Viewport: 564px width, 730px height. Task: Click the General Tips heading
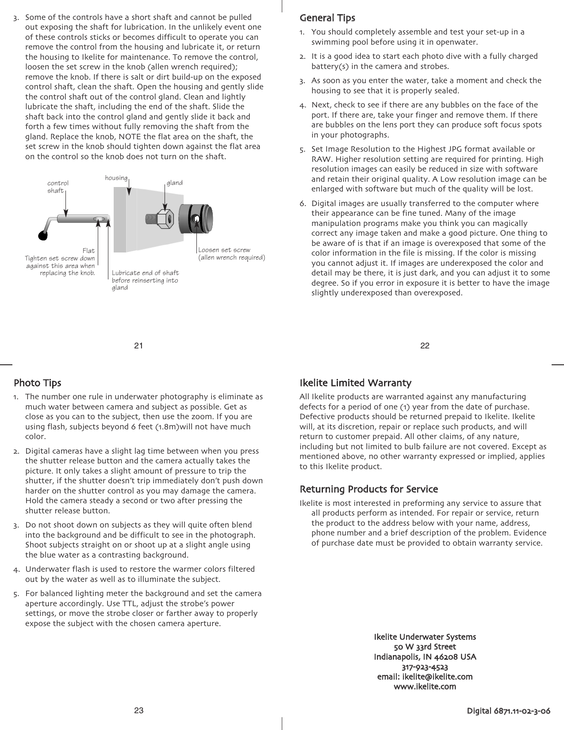[327, 18]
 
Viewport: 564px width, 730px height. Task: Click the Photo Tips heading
[38, 382]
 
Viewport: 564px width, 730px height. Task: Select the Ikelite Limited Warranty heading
[355, 382]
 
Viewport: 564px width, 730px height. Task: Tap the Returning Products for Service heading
[369, 489]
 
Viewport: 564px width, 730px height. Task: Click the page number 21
[139, 346]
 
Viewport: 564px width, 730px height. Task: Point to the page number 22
[425, 346]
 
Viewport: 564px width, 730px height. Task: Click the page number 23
[139, 711]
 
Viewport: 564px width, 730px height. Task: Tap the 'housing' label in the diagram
[116, 178]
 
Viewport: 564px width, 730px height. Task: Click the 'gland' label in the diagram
[174, 183]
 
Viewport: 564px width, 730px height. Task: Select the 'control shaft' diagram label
[58, 187]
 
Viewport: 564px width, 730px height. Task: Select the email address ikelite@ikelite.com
[424, 677]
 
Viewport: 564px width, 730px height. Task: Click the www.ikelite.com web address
[425, 687]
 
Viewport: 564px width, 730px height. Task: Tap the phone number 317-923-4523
[425, 667]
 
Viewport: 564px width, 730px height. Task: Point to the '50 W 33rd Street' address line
[425, 647]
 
